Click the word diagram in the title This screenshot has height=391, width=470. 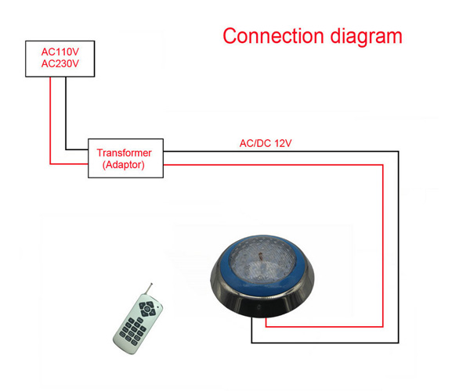[367, 36]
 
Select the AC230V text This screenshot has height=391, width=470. [60, 64]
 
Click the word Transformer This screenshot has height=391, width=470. [124, 152]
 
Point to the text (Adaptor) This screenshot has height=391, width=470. [124, 165]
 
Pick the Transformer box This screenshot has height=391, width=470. [89, 159]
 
